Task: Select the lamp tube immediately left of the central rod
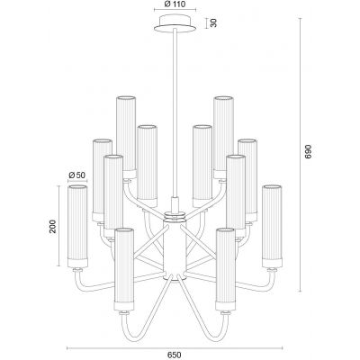pos(147,162)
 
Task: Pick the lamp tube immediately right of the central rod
pos(202,162)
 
